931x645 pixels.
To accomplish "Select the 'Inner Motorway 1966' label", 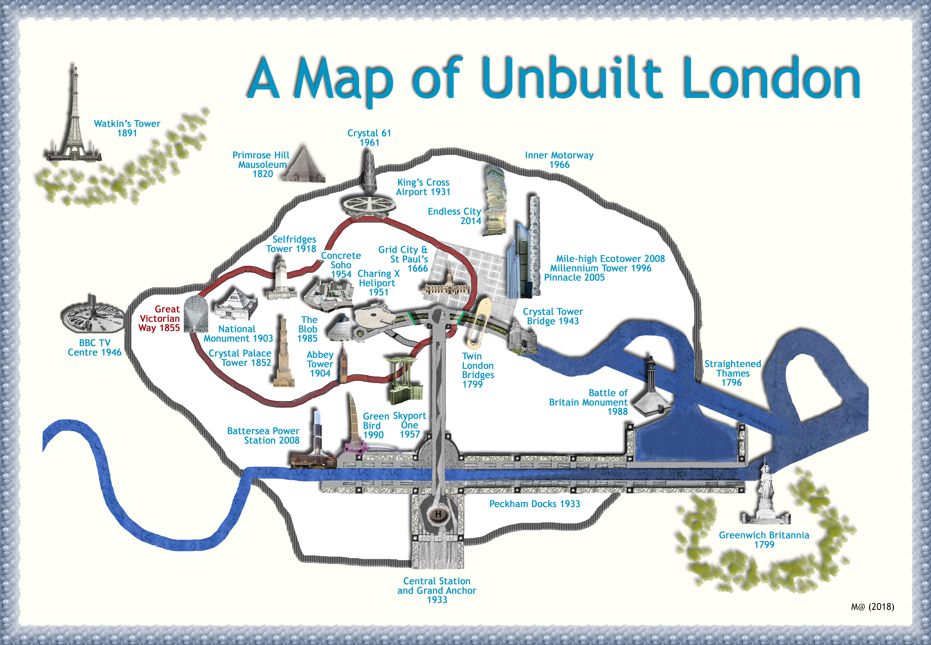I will pyautogui.click(x=559, y=160).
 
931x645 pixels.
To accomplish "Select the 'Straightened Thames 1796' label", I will pyautogui.click(x=732, y=373).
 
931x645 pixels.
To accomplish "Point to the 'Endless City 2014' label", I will pyautogui.click(x=455, y=216).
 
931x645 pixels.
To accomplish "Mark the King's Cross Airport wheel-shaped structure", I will pyautogui.click(x=367, y=207).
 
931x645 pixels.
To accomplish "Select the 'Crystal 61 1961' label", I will pyautogui.click(x=369, y=137).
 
